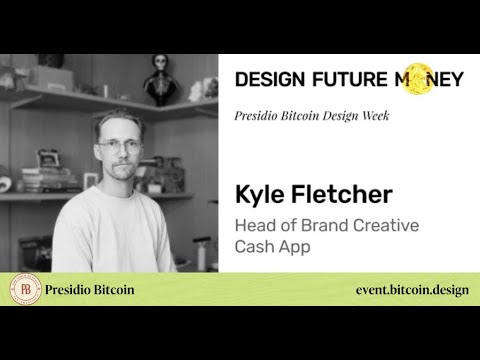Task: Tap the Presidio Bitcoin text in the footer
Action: point(90,290)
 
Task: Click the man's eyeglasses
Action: point(120,146)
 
